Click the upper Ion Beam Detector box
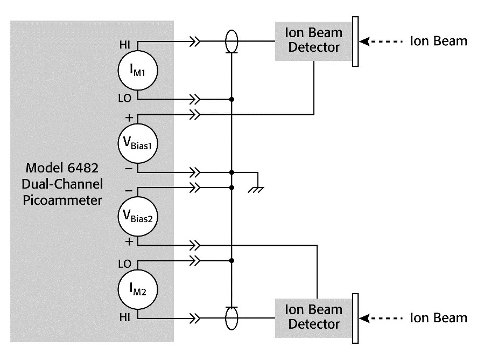pyautogui.click(x=314, y=41)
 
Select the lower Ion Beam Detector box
pyautogui.click(x=314, y=318)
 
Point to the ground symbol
pyautogui.click(x=256, y=190)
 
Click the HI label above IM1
pyautogui.click(x=125, y=45)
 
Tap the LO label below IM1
pyautogui.click(x=125, y=98)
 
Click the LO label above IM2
pyautogui.click(x=125, y=264)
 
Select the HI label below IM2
pyautogui.click(x=125, y=317)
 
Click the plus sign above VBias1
pyautogui.click(x=129, y=117)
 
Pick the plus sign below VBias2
pyautogui.click(x=129, y=241)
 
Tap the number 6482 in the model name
pyautogui.click(x=83, y=168)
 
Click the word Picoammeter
pyautogui.click(x=62, y=200)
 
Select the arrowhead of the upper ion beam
pyautogui.click(x=364, y=41)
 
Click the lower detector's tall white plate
pyautogui.click(x=355, y=319)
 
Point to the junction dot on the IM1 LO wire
pyautogui.click(x=232, y=99)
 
